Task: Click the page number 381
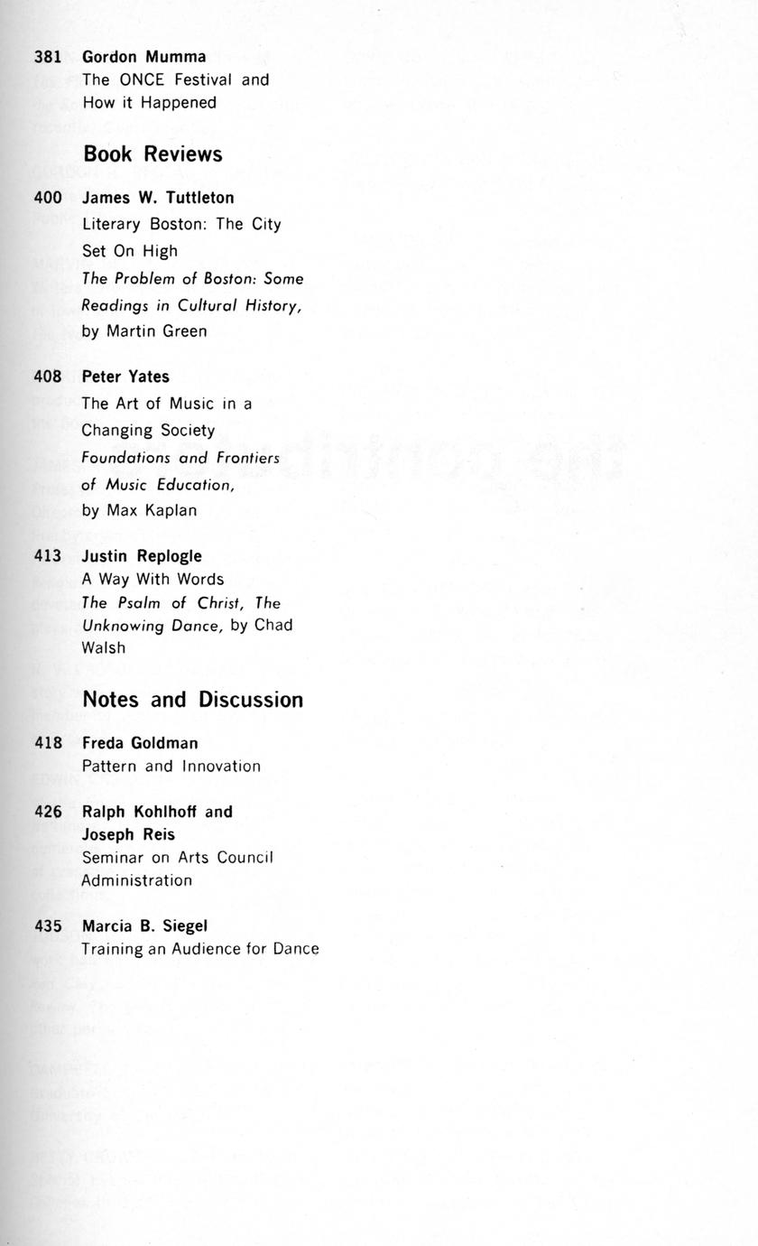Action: pos(47,57)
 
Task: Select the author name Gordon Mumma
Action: pos(143,57)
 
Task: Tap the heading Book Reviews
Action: pos(153,154)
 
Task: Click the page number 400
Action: pos(47,198)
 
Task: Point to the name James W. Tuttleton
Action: pos(158,198)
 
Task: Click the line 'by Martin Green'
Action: pos(143,331)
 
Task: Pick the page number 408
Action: pos(47,377)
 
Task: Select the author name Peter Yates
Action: pos(125,377)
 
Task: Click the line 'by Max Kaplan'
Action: pos(139,511)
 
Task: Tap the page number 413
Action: pos(47,556)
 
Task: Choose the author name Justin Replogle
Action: pos(142,556)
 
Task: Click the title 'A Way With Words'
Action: pos(153,580)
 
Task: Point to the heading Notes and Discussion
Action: pos(192,700)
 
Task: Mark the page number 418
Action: pos(47,743)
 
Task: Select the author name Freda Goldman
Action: pos(140,743)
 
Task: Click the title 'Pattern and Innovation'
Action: pos(171,767)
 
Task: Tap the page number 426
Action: pos(47,812)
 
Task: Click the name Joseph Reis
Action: pos(128,835)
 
